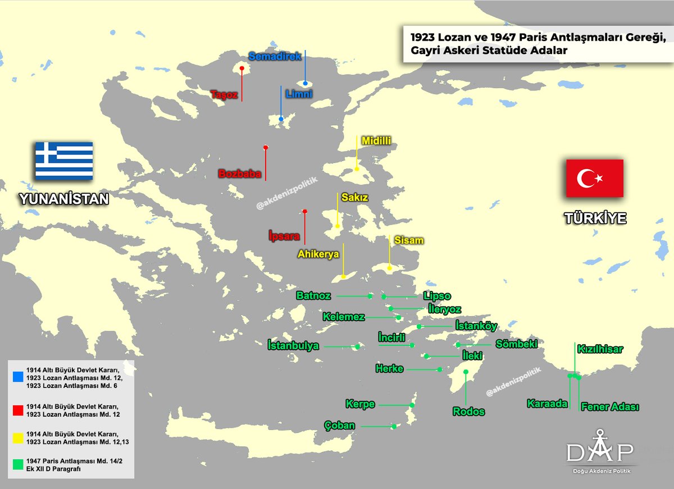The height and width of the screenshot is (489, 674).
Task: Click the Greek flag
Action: click(x=64, y=161)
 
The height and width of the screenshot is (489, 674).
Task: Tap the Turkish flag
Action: click(x=594, y=179)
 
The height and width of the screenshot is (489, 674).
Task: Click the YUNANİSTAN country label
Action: click(x=63, y=199)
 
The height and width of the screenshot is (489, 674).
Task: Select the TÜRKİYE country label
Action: click(x=595, y=218)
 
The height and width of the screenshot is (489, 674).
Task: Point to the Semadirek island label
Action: click(x=275, y=56)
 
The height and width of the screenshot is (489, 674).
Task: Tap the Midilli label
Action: click(x=376, y=140)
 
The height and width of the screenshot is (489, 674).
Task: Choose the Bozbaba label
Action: click(x=240, y=174)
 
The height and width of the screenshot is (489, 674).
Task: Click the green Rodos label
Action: click(x=468, y=412)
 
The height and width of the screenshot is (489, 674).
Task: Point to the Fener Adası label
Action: click(x=610, y=407)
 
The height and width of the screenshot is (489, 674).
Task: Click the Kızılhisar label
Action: click(x=600, y=349)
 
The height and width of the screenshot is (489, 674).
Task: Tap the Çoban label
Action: click(x=339, y=426)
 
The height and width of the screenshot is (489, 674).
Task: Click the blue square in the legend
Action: click(x=19, y=376)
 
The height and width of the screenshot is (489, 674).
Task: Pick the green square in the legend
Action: click(x=19, y=464)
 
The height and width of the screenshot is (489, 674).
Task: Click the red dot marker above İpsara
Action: click(x=305, y=212)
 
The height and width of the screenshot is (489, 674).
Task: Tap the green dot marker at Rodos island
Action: click(x=466, y=372)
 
